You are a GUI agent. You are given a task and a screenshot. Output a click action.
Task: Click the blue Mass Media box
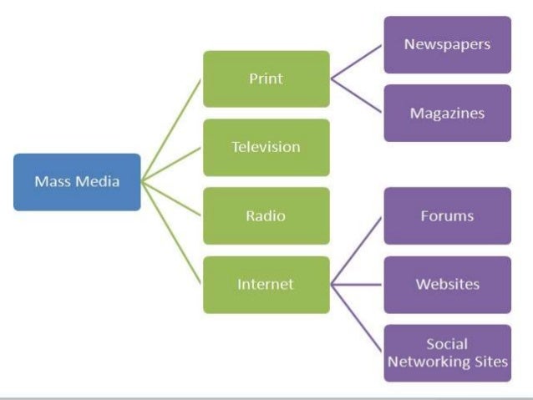(x=77, y=181)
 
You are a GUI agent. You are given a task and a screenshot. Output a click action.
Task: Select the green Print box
(x=266, y=79)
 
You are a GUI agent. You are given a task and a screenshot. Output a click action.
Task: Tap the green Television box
(x=266, y=147)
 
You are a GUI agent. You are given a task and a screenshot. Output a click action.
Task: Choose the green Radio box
(x=266, y=216)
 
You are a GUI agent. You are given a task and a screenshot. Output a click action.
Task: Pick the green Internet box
(x=266, y=285)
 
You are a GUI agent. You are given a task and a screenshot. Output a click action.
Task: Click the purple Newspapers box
(x=447, y=44)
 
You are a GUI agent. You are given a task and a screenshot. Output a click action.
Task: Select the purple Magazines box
(x=447, y=113)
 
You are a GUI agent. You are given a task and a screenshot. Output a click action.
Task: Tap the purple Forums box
(x=447, y=215)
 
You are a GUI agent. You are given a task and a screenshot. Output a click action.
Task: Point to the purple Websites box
(x=447, y=284)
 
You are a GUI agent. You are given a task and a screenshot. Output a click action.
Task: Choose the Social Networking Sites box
(x=447, y=352)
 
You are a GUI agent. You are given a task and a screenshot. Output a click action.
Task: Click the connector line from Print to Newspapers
(x=357, y=62)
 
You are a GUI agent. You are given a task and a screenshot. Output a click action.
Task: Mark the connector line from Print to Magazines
(x=357, y=96)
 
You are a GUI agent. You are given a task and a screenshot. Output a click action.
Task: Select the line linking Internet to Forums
(x=358, y=249)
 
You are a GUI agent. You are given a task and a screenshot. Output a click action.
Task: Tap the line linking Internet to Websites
(x=357, y=285)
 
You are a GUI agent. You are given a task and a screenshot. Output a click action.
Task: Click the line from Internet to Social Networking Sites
(x=358, y=319)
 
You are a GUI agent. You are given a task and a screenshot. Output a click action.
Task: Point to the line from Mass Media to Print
(x=171, y=129)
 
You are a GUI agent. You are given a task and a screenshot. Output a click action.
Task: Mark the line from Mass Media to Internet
(x=171, y=232)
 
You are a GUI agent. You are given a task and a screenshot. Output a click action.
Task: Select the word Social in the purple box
(x=447, y=344)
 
